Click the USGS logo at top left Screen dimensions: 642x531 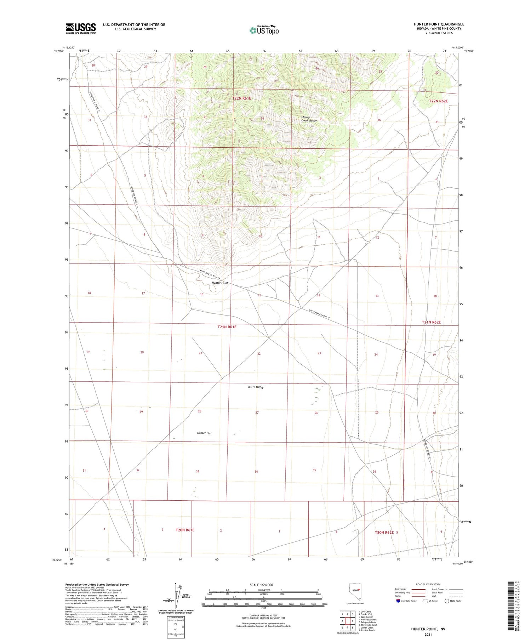click(81, 28)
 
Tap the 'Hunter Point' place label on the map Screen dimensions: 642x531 click(220, 283)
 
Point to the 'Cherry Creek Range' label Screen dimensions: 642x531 click(309, 119)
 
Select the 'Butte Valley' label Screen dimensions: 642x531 click(256, 387)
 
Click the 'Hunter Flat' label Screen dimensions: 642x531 click(204, 433)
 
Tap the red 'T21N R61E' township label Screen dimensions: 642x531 click(227, 327)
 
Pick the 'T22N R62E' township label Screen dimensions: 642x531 click(438, 101)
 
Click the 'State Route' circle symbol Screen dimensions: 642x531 click(447, 601)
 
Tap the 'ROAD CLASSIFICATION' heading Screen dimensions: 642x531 click(428, 584)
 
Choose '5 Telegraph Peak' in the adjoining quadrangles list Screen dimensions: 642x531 click(367, 622)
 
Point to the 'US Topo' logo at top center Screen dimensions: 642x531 click(264, 30)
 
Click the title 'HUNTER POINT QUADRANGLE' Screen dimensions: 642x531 click(439, 24)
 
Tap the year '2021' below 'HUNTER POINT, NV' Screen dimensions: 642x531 click(428, 634)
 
